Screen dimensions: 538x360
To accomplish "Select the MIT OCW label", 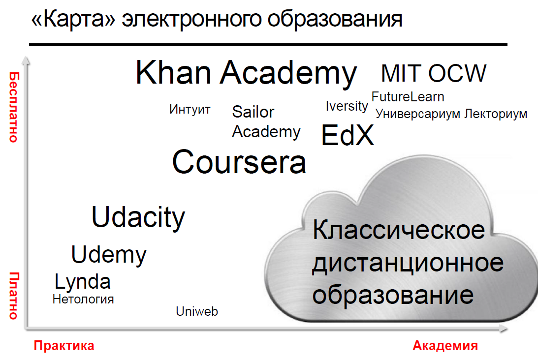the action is [434, 73].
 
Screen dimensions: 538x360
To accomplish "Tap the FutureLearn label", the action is [408, 97].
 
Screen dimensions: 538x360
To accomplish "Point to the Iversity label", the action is [347, 106].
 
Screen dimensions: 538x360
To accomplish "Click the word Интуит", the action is [190, 109].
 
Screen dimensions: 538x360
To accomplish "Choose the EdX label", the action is [347, 135].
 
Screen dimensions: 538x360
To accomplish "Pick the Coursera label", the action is [239, 162].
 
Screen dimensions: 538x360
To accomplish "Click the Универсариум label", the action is [417, 114].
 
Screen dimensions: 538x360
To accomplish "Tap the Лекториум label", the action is [496, 114].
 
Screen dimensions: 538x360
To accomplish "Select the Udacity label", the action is [138, 217].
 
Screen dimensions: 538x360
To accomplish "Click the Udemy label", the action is [109, 255].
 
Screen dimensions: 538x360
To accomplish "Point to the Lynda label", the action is [83, 282].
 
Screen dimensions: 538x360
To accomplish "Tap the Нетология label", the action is [83, 300].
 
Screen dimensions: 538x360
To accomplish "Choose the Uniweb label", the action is [197, 311].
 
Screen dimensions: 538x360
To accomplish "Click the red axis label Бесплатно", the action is [14, 107].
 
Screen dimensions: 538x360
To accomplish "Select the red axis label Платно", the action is [14, 296].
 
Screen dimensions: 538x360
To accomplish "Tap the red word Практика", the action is [64, 346].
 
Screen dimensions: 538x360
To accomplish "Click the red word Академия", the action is [445, 346].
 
